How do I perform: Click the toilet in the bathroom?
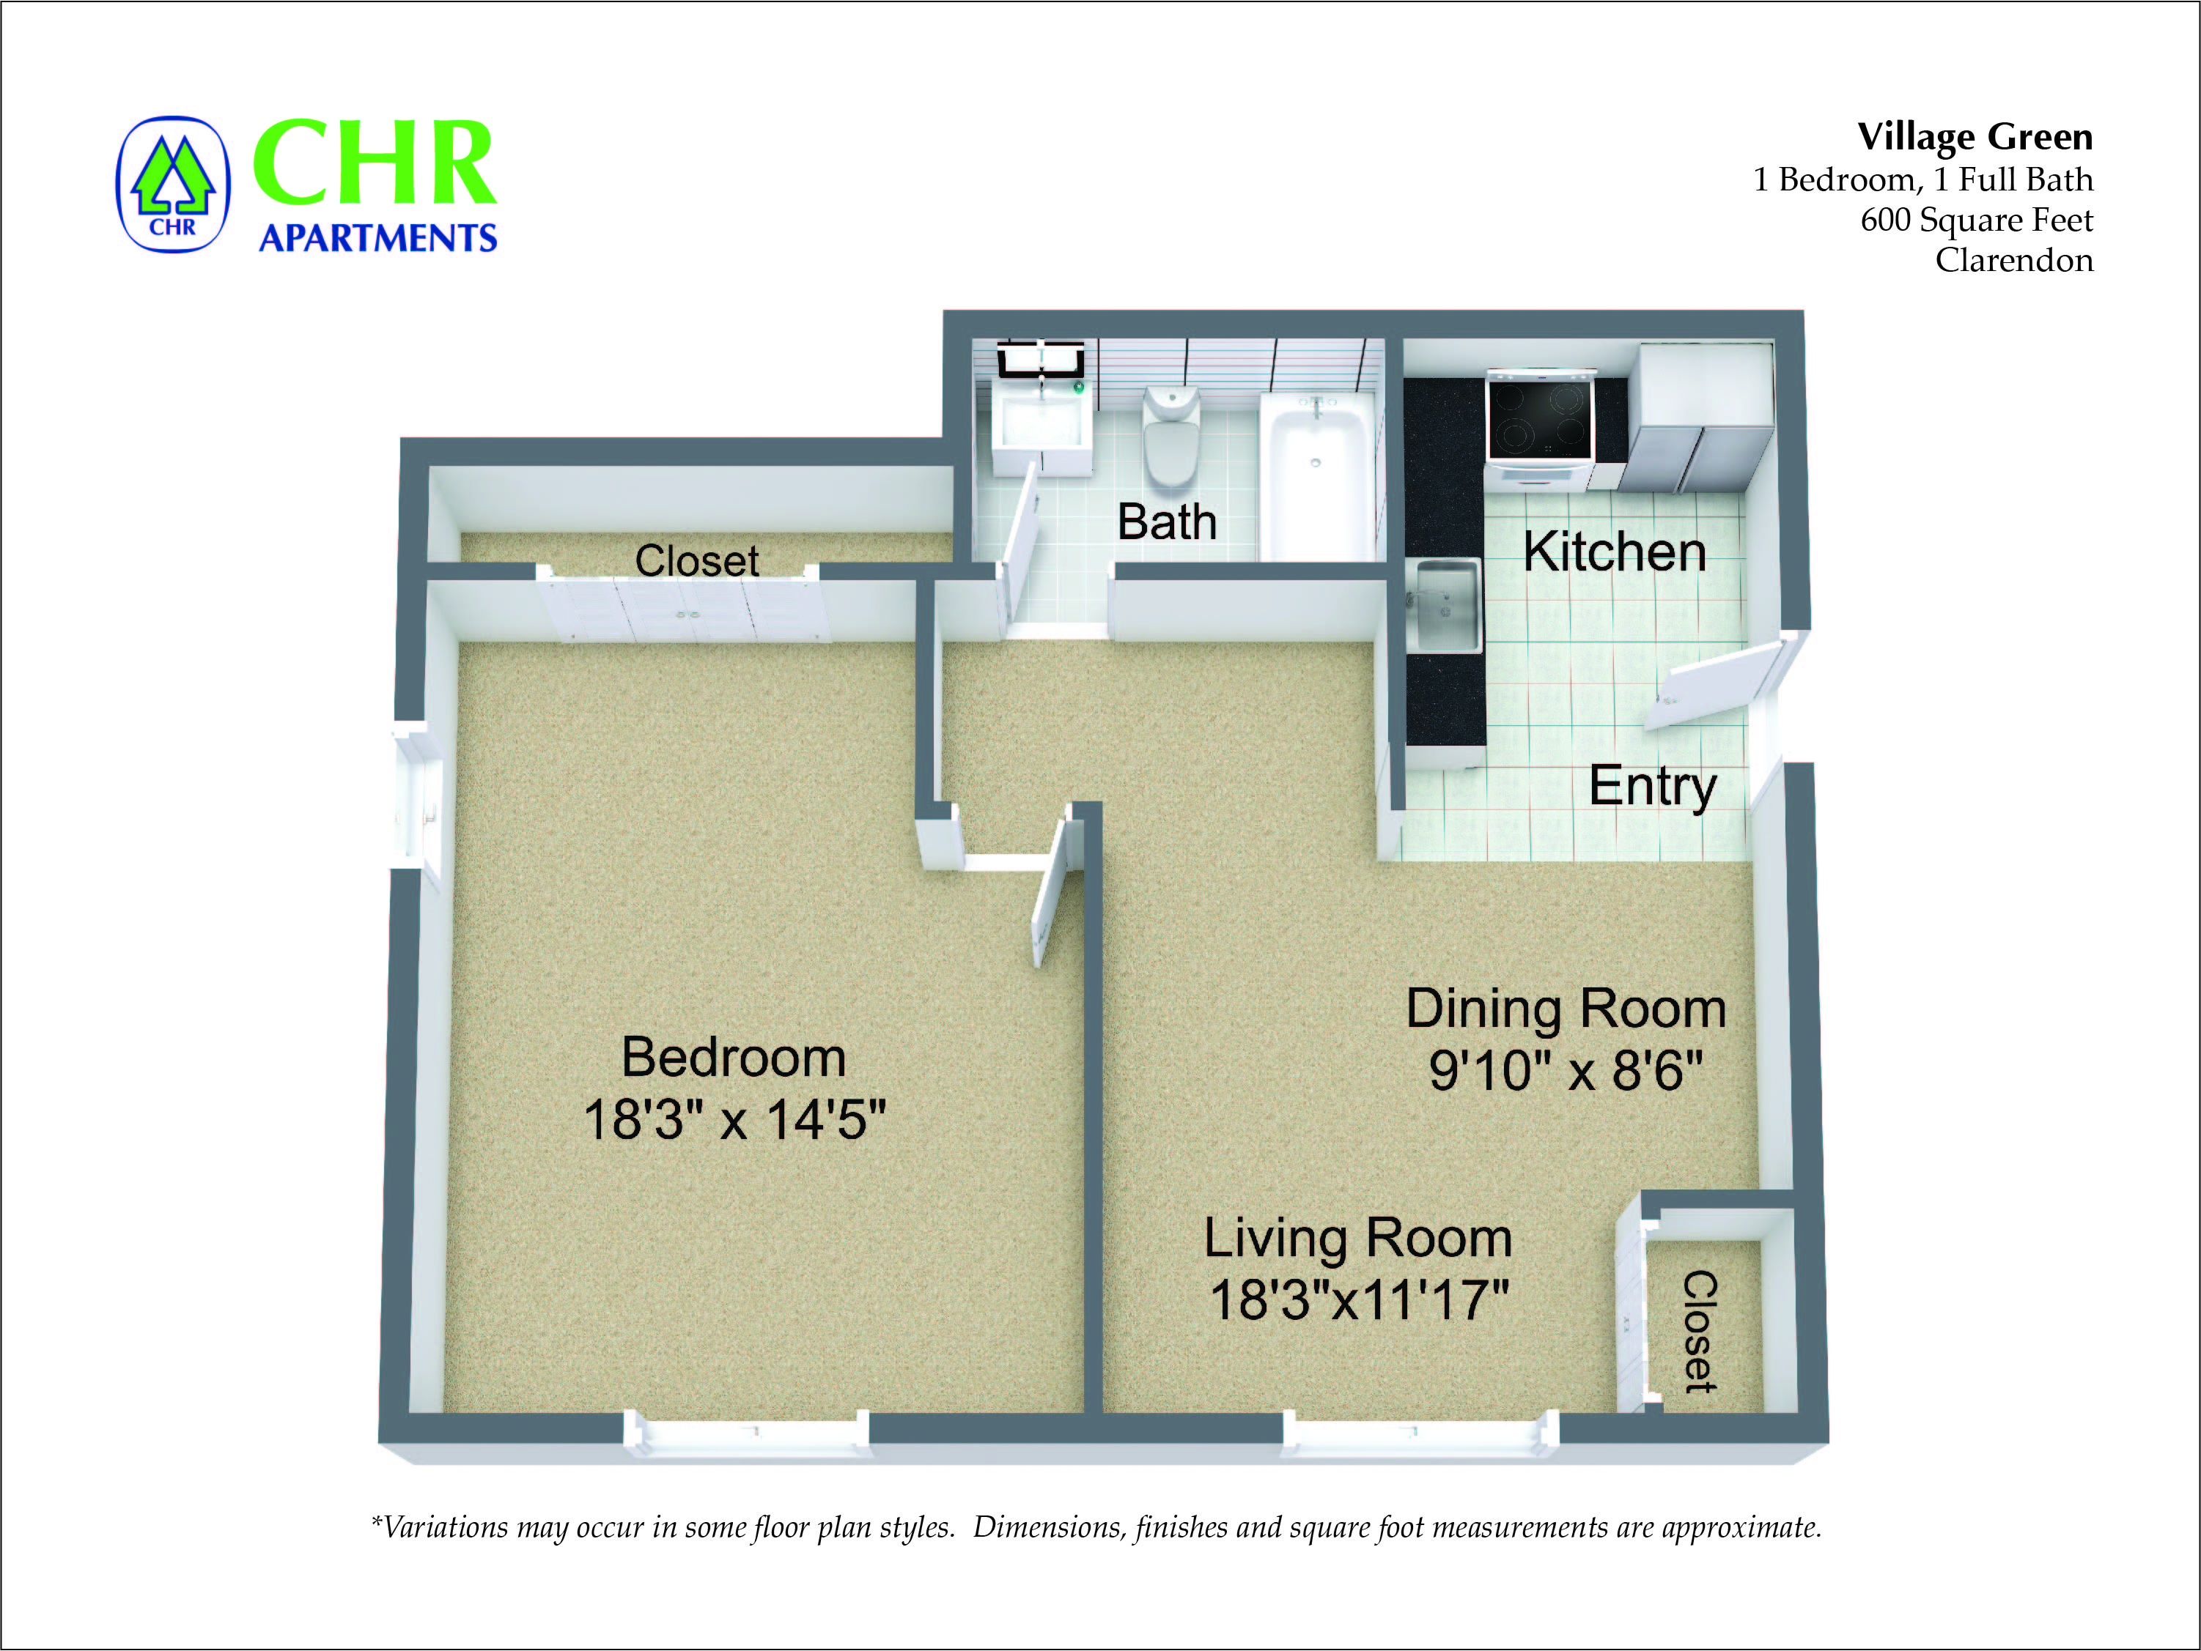tap(1171, 437)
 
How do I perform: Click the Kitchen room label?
tap(1614, 552)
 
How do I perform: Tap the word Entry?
tap(1652, 787)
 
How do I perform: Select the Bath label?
tap(1166, 522)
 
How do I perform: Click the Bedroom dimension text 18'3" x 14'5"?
tap(734, 1120)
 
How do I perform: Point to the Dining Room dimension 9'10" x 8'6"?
tap(1565, 1071)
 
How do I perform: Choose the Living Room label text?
tap(1357, 1238)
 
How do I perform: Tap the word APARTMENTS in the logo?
tap(377, 239)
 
